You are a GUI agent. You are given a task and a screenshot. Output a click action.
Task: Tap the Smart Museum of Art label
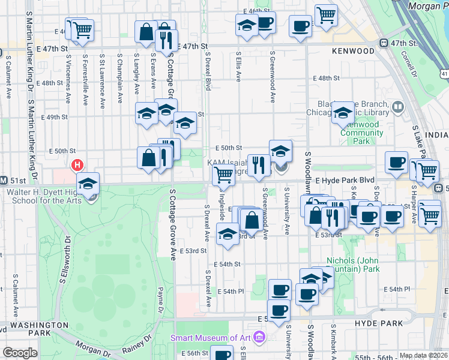pyautogui.click(x=209, y=337)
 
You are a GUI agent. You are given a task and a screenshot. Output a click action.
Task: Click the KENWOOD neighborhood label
pyautogui.click(x=353, y=52)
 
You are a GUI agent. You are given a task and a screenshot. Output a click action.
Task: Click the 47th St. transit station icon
pyautogui.click(x=382, y=43)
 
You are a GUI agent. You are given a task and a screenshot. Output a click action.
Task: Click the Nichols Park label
pyautogui.click(x=353, y=265)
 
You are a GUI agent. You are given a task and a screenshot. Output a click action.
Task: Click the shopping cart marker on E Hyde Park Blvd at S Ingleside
pyautogui.click(x=223, y=175)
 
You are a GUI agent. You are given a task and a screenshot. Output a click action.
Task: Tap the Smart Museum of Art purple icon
pyautogui.click(x=259, y=337)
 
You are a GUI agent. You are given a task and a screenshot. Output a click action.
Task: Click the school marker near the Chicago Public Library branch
pyautogui.click(x=343, y=112)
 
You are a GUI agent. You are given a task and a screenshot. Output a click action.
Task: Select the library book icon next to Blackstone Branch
pyautogui.click(x=397, y=108)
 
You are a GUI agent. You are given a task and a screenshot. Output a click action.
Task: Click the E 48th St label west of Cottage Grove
pyautogui.click(x=49, y=83)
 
